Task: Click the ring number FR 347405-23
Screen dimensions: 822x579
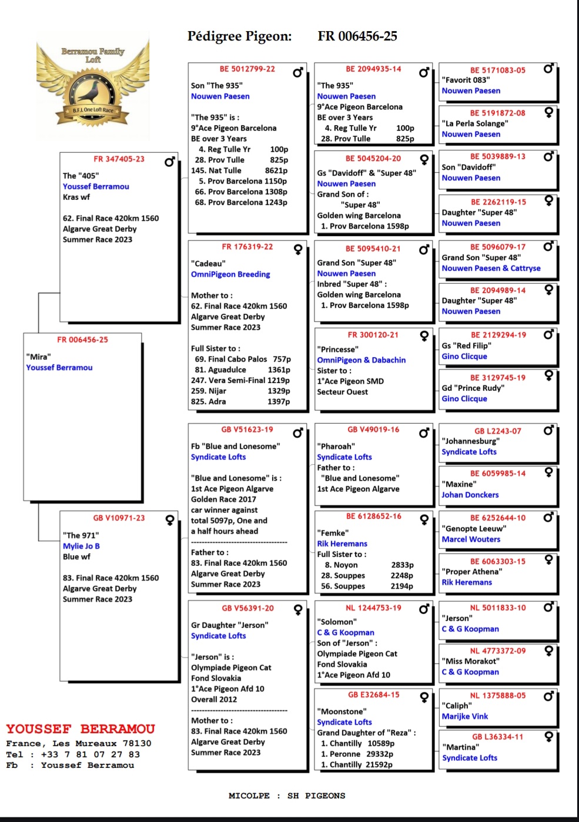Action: [119, 159]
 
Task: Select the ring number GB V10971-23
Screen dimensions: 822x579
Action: [119, 518]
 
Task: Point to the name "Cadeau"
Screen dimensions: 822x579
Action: [208, 264]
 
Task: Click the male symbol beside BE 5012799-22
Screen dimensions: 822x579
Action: [298, 72]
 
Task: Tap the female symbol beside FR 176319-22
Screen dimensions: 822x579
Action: [298, 250]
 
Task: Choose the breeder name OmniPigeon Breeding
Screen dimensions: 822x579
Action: [230, 274]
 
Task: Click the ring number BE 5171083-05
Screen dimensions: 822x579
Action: [497, 70]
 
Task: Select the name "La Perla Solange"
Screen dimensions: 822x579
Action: [475, 123]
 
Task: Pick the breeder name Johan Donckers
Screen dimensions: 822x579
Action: [470, 495]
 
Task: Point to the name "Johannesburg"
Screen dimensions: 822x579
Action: [470, 441]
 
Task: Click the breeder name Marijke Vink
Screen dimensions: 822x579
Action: [465, 716]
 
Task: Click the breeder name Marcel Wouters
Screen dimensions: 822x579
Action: [471, 539]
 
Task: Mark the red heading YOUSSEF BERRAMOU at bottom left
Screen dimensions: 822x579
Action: [81, 729]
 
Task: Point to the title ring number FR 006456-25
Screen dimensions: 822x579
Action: [357, 36]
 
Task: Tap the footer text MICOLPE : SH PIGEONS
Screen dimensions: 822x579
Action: [287, 796]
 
